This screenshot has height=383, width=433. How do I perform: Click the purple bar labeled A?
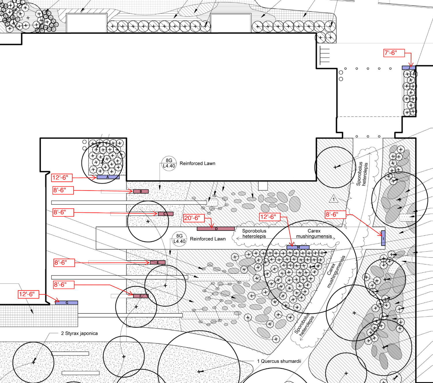point(108,177)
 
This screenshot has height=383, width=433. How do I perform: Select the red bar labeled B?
point(141,191)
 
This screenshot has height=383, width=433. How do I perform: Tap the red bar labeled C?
point(166,214)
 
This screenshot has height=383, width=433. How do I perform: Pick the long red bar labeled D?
point(216,229)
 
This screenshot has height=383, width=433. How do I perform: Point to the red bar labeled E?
point(158,262)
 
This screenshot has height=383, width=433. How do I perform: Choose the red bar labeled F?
point(141,296)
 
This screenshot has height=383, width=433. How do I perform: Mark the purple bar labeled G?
point(66,303)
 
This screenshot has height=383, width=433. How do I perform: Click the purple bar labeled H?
point(298,248)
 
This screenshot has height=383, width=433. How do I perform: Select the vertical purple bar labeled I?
point(383,238)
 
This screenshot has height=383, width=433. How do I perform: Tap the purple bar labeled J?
point(409,68)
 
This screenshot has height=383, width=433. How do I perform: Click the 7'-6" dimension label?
point(394,53)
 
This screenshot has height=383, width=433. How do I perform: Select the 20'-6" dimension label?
point(194,218)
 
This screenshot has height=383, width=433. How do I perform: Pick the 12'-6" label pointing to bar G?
point(28,294)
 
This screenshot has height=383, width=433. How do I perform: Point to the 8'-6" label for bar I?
point(335,214)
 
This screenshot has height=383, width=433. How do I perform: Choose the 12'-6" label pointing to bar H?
point(270,217)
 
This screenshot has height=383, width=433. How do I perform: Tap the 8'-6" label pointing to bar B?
point(63,190)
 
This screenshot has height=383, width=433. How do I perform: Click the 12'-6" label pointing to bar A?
point(62,178)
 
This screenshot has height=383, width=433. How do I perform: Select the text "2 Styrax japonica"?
point(79,333)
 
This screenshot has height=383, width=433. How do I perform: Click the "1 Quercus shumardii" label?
point(279,361)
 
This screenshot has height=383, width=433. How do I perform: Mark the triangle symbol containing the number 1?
point(333,199)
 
